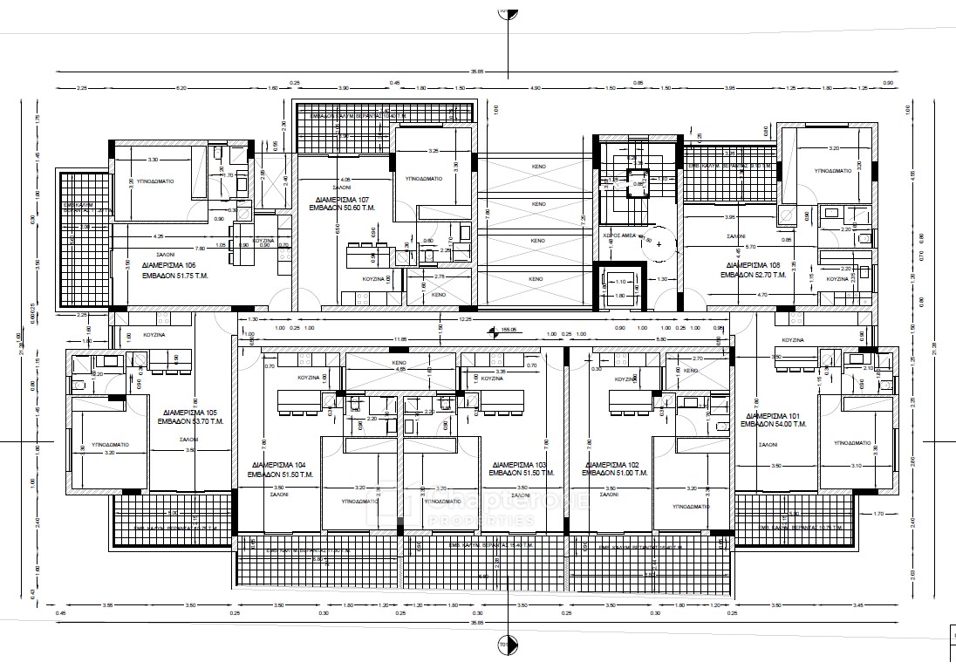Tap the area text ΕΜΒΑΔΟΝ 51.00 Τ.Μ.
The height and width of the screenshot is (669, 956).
point(617,473)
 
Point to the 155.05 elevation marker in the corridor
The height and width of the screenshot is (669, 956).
point(509,331)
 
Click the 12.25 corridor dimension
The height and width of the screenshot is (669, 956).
point(466,319)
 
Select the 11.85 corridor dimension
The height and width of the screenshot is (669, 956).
point(400,338)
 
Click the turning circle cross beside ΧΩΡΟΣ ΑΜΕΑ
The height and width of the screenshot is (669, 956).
point(658,243)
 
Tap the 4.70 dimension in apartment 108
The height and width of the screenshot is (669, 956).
point(761,296)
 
